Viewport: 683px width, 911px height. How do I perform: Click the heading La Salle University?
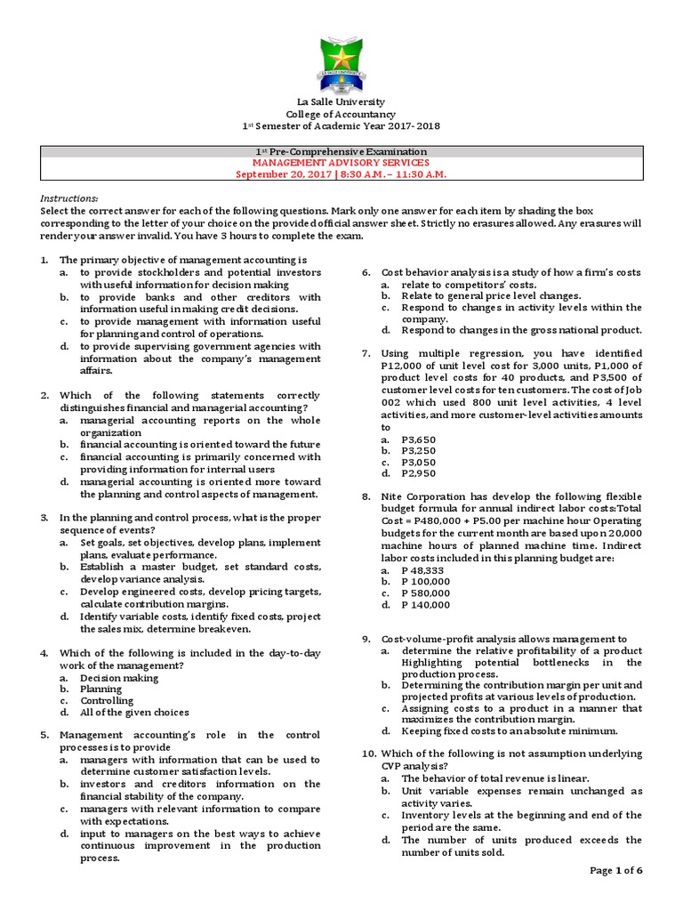341,103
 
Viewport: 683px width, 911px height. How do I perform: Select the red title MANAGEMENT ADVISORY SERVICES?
341,163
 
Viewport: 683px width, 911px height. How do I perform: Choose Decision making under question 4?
119,677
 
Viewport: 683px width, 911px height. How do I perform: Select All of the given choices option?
134,712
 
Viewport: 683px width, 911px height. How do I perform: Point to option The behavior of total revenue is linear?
501,778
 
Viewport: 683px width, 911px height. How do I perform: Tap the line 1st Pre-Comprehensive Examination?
341,152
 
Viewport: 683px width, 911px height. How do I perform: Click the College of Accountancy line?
341,115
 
